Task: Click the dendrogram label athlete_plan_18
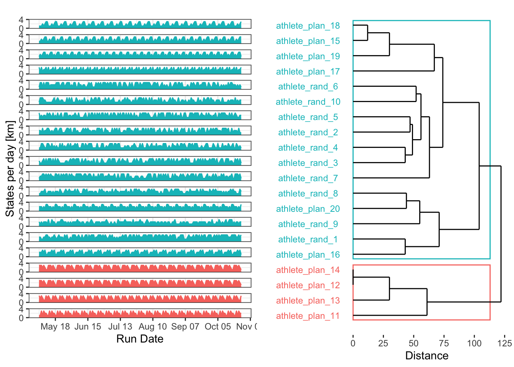(x=308, y=26)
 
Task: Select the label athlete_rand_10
(x=308, y=102)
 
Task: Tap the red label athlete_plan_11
(x=308, y=316)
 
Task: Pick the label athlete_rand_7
(x=308, y=178)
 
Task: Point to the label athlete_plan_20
(x=308, y=209)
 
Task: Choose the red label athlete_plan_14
(x=308, y=270)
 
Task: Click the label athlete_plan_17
(x=308, y=71)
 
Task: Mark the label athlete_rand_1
(x=308, y=239)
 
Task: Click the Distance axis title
(x=426, y=356)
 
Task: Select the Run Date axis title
(x=140, y=339)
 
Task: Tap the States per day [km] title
(x=10, y=169)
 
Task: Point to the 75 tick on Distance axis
(x=444, y=343)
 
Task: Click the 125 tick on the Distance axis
(x=504, y=343)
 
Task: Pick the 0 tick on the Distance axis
(x=353, y=343)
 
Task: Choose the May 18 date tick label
(x=55, y=326)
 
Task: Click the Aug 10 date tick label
(x=153, y=326)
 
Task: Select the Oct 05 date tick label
(x=218, y=326)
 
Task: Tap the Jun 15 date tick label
(x=88, y=326)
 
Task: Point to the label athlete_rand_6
(x=308, y=86)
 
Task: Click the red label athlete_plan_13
(x=308, y=300)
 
